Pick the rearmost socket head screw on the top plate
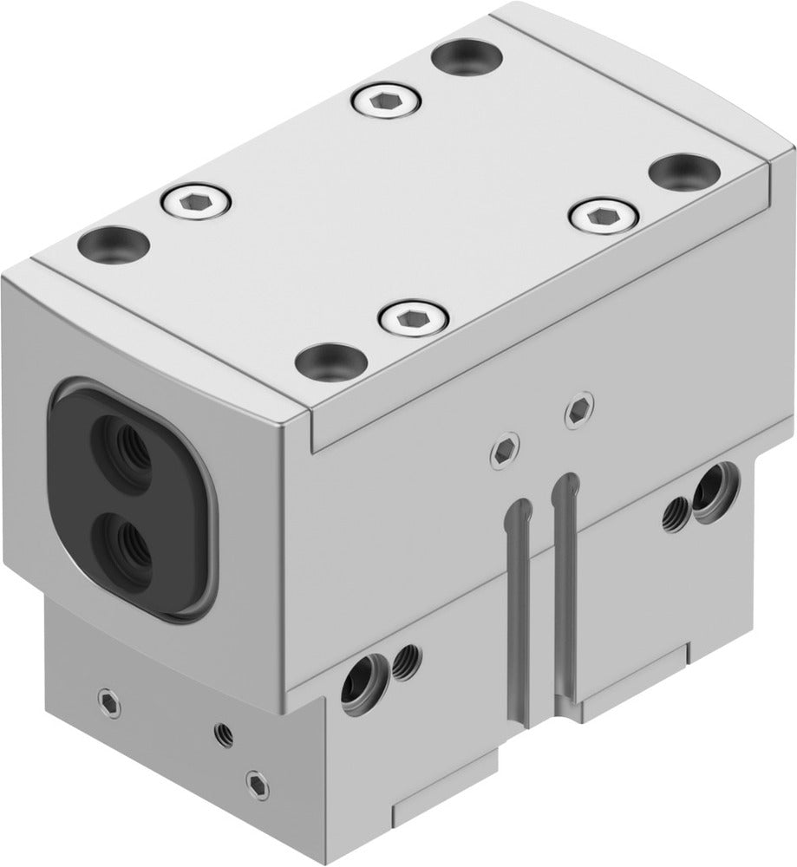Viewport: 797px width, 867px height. [x=385, y=103]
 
